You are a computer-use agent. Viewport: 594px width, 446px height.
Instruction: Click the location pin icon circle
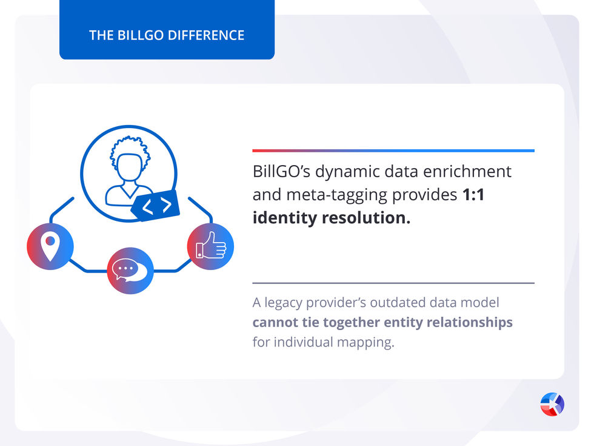click(x=50, y=246)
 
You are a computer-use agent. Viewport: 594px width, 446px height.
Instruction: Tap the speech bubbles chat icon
click(x=130, y=271)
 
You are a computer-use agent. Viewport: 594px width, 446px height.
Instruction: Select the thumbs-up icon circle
click(x=210, y=246)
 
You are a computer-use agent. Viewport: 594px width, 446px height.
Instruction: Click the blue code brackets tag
click(x=156, y=206)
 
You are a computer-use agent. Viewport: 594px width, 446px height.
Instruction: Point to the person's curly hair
click(x=130, y=148)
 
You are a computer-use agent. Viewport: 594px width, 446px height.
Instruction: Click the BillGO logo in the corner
click(x=552, y=404)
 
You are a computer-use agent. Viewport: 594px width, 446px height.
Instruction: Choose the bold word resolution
click(x=373, y=217)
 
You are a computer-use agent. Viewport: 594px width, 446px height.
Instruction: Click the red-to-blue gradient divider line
click(x=393, y=150)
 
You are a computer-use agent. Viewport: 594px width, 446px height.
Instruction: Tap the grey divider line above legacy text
click(x=393, y=283)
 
